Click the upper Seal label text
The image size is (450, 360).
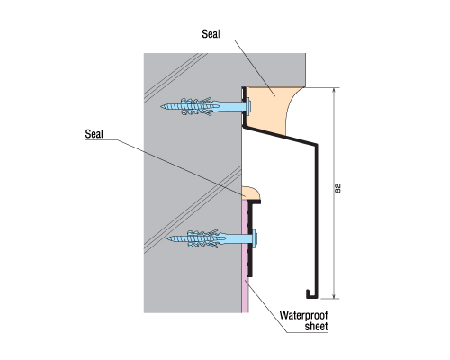pos(211,34)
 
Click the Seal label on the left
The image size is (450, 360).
pos(94,134)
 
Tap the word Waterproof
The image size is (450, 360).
pos(303,315)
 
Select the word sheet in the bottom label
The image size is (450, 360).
pos(316,327)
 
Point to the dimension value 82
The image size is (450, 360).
pos(337,188)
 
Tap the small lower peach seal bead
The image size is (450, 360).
pos(251,193)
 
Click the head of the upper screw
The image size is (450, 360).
pos(248,107)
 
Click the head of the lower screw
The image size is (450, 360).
pos(255,238)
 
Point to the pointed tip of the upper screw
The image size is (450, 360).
pos(161,106)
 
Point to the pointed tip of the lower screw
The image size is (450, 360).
pos(168,239)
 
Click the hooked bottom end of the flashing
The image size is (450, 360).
pos(309,294)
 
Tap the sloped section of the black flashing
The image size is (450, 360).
pos(281,136)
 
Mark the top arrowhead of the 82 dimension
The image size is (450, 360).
pos(334,90)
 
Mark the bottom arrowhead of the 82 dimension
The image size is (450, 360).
pos(334,296)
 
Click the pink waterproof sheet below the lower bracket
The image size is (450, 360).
pos(246,295)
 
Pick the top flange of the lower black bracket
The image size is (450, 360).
pos(255,202)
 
